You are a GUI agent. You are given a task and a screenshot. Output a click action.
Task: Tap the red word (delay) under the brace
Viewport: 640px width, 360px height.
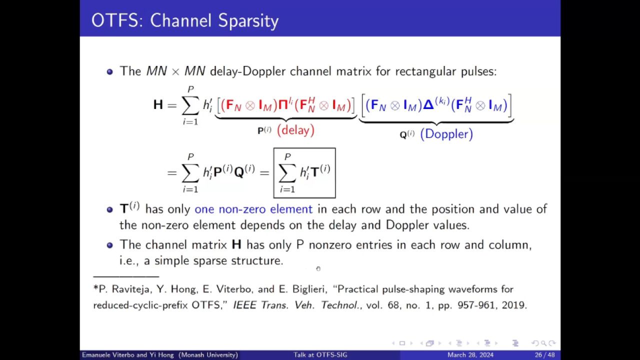pyautogui.click(x=295, y=130)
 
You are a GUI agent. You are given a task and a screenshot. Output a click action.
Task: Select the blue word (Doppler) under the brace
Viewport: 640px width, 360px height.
pyautogui.click(x=446, y=134)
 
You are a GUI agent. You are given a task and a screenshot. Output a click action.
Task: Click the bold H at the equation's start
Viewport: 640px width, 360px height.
pyautogui.click(x=158, y=104)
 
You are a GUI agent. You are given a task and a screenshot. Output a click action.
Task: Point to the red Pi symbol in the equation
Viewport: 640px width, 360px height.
pyautogui.click(x=283, y=105)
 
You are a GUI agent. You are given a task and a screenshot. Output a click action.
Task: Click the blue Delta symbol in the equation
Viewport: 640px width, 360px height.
pyautogui.click(x=428, y=104)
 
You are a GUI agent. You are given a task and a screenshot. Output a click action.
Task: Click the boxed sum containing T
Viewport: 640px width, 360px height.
pyautogui.click(x=304, y=173)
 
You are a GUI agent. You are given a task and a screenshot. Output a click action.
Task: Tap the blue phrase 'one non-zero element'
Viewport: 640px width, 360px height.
pyautogui.click(x=253, y=209)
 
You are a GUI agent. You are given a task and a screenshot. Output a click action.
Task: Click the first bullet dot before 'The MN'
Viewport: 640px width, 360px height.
pyautogui.click(x=109, y=71)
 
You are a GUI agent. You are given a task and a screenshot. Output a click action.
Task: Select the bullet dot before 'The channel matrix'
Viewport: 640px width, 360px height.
pyautogui.click(x=109, y=245)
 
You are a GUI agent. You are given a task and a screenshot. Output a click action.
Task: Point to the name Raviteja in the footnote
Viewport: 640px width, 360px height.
pyautogui.click(x=130, y=289)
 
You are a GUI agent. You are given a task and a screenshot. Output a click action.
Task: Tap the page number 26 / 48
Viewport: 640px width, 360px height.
pyautogui.click(x=545, y=355)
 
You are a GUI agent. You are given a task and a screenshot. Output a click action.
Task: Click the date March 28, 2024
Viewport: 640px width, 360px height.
pyautogui.click(x=470, y=355)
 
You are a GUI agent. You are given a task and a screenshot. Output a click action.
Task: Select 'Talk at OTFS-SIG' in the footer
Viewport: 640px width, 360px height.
pyautogui.click(x=320, y=355)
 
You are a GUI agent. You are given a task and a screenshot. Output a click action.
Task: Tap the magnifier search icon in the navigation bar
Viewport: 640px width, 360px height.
pyautogui.click(x=543, y=343)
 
